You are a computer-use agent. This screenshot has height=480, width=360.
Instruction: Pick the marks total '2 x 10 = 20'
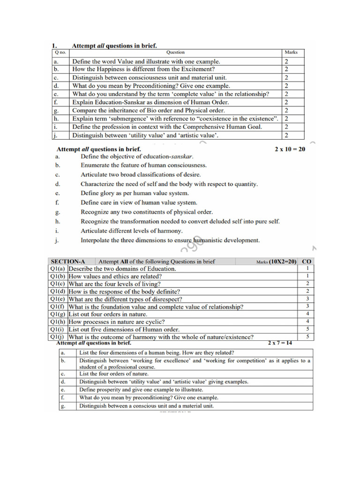click(x=290, y=149)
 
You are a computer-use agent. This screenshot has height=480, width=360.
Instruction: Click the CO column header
click(x=307, y=262)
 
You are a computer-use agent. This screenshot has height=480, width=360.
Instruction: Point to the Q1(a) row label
click(x=58, y=269)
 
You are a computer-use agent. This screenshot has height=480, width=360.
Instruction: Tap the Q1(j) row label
click(x=58, y=337)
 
